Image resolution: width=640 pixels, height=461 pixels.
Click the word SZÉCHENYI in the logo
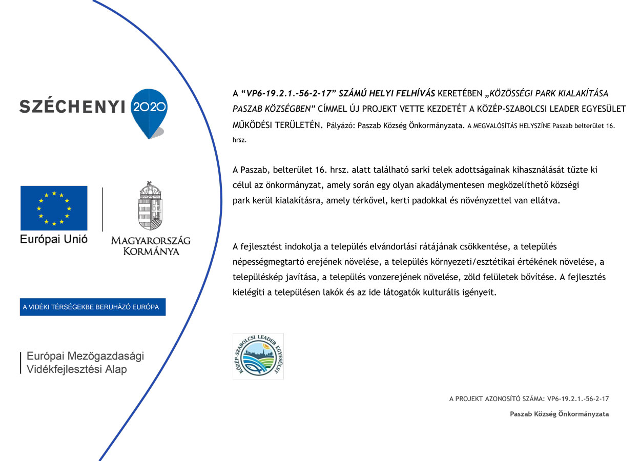pyautogui.click(x=72, y=106)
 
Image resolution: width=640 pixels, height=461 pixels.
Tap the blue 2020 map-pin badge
pyautogui.click(x=149, y=110)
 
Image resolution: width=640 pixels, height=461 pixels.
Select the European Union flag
pyautogui.click(x=54, y=208)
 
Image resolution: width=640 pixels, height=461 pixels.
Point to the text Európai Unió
pyautogui.click(x=54, y=239)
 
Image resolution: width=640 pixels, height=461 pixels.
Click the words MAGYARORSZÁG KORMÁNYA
pyautogui.click(x=151, y=246)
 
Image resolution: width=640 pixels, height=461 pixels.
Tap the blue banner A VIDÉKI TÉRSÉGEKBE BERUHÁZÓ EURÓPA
pyautogui.click(x=93, y=307)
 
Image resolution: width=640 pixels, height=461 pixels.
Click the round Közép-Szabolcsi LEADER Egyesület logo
pyautogui.click(x=258, y=356)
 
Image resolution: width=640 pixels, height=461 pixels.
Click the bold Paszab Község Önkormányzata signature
pyautogui.click(x=559, y=414)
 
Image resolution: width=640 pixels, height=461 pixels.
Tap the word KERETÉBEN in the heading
pyautogui.click(x=460, y=94)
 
